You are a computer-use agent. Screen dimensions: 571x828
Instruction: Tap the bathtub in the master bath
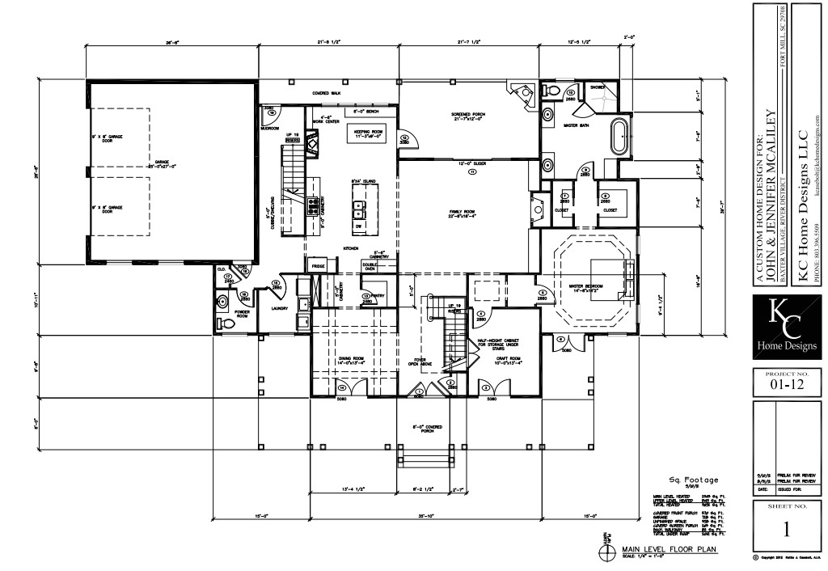(x=621, y=136)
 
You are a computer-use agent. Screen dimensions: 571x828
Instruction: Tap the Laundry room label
(x=280, y=308)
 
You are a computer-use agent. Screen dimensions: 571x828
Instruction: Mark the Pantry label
(x=375, y=297)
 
